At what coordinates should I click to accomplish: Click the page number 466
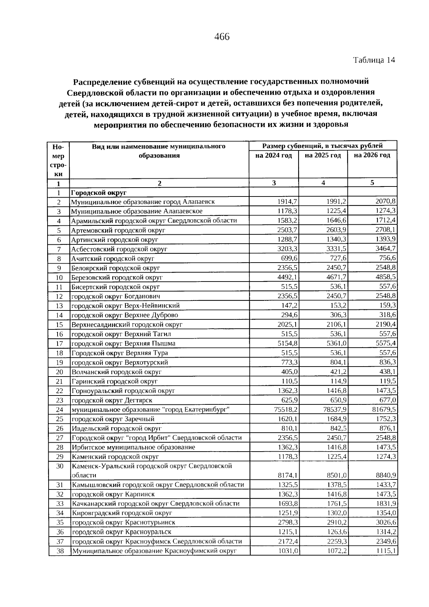pos(222,37)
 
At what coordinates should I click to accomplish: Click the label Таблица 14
pos(374,60)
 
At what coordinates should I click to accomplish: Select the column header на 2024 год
pos(273,155)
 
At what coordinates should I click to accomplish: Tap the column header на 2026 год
pos(372,155)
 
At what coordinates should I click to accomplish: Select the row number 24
pos(59,410)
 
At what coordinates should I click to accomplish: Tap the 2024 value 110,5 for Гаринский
pos(291,381)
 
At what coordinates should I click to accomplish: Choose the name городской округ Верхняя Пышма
pos(123,343)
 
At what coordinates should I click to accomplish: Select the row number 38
pos(60,551)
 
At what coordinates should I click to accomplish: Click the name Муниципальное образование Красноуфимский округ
pos(154,551)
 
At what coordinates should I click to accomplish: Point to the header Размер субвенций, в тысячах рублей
pos(322,146)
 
